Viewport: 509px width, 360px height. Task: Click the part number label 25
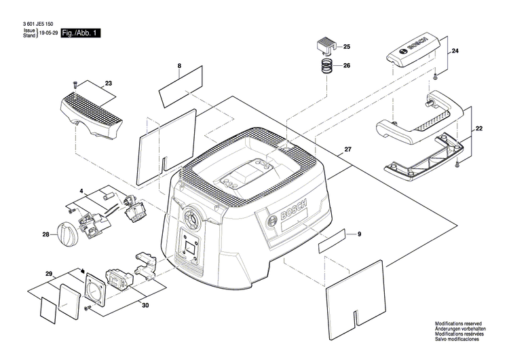tap(347, 47)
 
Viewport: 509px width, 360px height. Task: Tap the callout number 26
tap(347, 66)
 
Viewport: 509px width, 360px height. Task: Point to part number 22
tap(479, 128)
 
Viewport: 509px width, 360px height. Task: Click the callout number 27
tap(349, 149)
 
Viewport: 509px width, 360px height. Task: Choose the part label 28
tap(46, 235)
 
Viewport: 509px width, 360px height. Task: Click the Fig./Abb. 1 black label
tap(80, 33)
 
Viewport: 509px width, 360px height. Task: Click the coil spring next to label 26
tap(327, 67)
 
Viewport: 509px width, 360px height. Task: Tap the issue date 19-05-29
tap(48, 33)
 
